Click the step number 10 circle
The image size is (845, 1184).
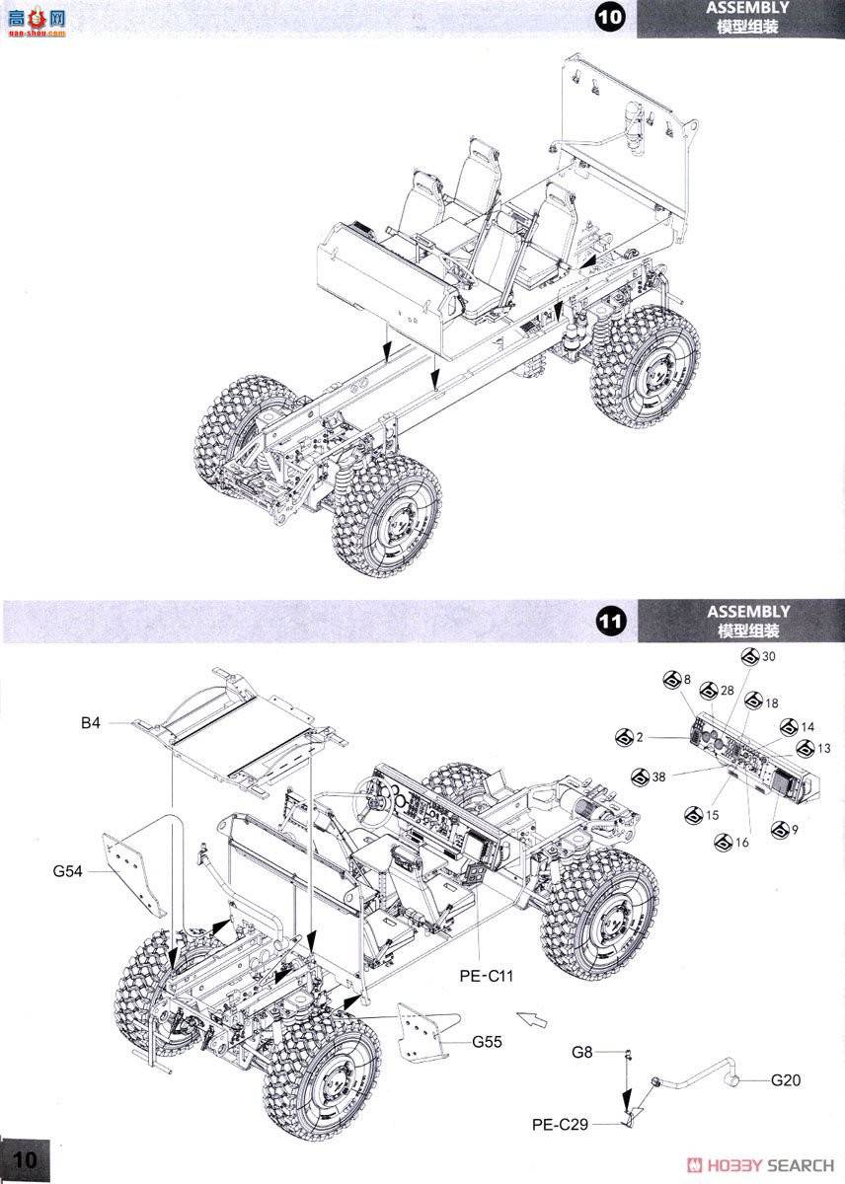[611, 19]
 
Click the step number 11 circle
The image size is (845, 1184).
[611, 622]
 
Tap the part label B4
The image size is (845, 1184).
[91, 723]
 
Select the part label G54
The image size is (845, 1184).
[70, 870]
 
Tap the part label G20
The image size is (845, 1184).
[786, 1080]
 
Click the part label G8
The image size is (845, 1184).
[582, 1052]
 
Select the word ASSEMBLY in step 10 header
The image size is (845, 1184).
[747, 9]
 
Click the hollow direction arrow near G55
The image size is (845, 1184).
[530, 1018]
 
